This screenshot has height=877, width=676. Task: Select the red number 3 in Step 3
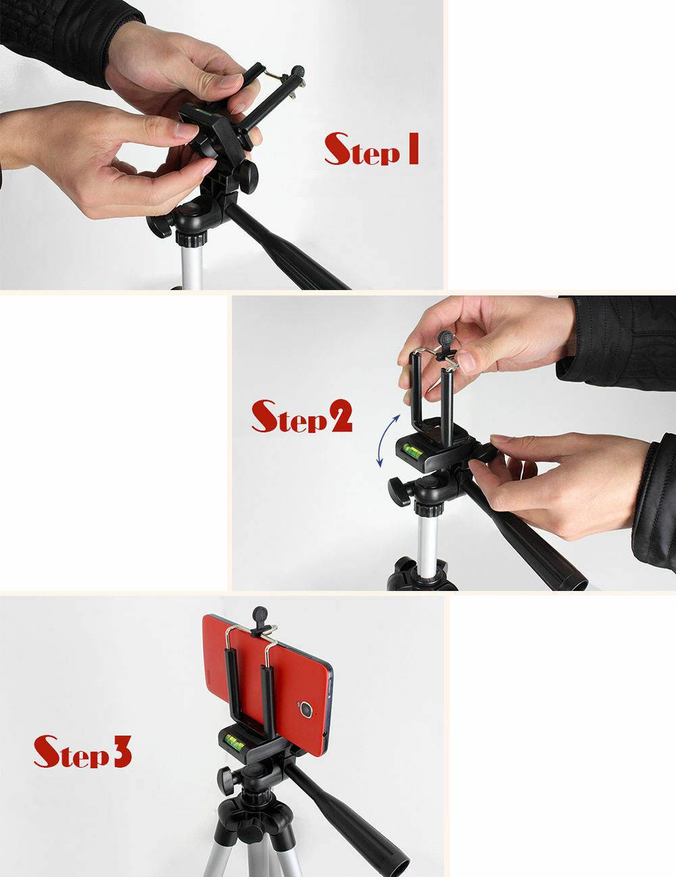pyautogui.click(x=121, y=753)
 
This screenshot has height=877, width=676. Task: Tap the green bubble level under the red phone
pyautogui.click(x=237, y=740)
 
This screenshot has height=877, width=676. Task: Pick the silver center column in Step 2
pyautogui.click(x=428, y=541)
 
